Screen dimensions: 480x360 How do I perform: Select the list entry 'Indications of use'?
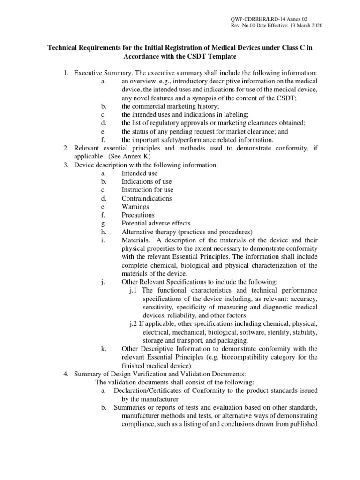[x=147, y=182]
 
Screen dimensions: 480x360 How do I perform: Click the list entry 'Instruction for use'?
[x=147, y=190]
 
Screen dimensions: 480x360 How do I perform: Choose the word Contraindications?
[x=147, y=199]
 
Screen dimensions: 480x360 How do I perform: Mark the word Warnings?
[x=135, y=207]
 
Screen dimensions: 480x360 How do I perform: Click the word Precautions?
[x=138, y=216]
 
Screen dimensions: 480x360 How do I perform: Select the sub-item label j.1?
[x=134, y=291]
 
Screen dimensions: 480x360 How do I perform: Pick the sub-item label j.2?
[x=134, y=324]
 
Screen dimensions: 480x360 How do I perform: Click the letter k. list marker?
[x=103, y=349]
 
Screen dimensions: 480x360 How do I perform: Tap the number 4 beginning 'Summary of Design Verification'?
[x=66, y=374]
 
